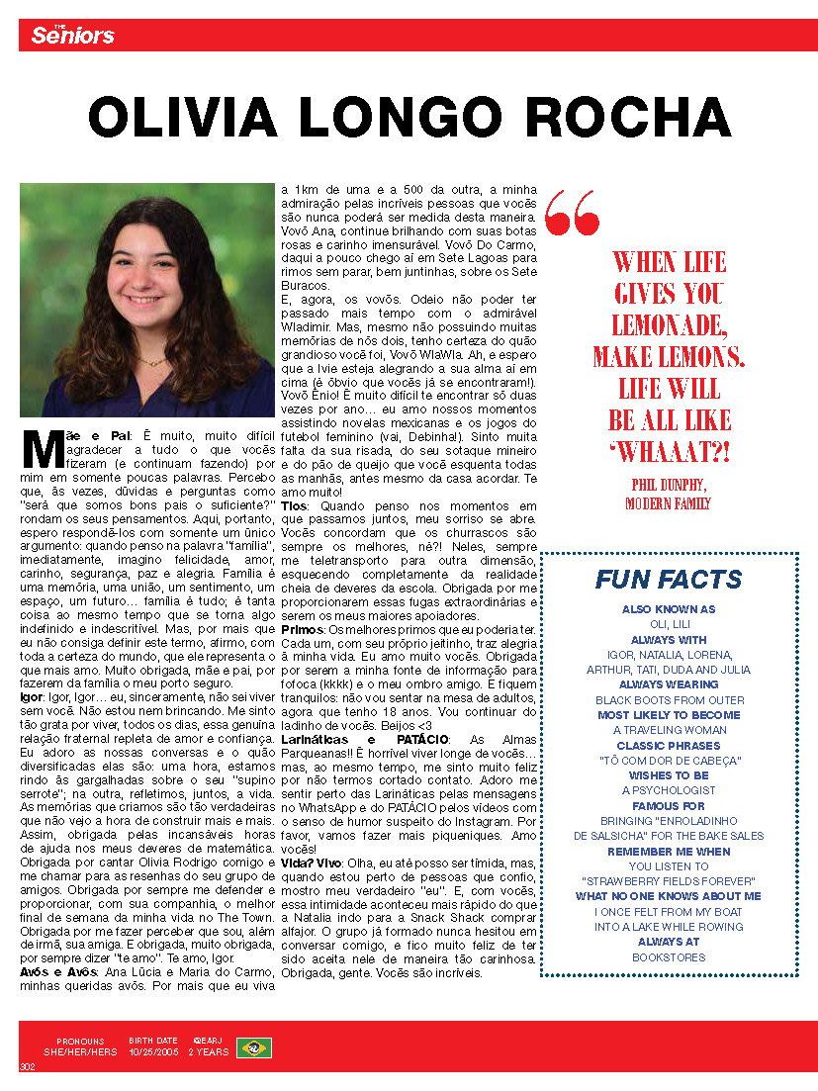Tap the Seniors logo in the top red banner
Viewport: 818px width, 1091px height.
[72, 36]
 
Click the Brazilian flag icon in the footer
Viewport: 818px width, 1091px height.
[254, 1047]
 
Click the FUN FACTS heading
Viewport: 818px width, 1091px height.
[669, 580]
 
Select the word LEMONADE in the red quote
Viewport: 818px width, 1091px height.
[670, 324]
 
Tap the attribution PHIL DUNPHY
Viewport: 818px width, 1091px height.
[669, 484]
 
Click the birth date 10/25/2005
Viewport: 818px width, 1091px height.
[153, 1052]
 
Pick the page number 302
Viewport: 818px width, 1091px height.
[27, 1066]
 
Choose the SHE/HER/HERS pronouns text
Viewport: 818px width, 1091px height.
[80, 1052]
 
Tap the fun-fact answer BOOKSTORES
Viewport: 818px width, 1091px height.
[669, 957]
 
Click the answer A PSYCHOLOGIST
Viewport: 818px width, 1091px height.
[669, 790]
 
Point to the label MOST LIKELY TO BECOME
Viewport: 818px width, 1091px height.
[669, 715]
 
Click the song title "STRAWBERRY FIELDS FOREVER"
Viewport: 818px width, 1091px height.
[669, 880]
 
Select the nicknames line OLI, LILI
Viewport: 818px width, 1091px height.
[669, 624]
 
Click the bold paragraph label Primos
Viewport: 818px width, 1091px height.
[303, 630]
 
